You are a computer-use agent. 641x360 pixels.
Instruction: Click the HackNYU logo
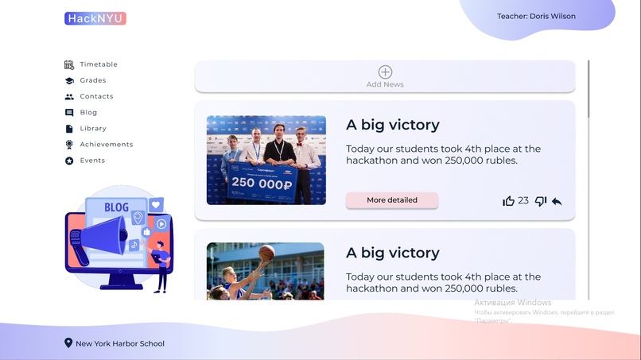95,18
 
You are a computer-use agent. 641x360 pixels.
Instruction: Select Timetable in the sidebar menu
98,64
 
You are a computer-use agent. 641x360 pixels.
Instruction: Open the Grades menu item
92,80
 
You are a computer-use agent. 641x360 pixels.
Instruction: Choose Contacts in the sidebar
96,96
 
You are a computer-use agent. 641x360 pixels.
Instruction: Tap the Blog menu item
88,112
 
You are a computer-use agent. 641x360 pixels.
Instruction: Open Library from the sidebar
92,128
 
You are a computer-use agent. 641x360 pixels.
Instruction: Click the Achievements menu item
106,145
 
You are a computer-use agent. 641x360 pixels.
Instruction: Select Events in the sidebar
92,161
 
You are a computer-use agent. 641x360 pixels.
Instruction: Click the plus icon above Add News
385,72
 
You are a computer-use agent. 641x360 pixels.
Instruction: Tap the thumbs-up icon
509,201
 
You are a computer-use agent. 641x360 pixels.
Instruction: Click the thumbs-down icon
541,201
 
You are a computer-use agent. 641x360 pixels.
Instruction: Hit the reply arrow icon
557,202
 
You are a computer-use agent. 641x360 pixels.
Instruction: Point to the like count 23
523,201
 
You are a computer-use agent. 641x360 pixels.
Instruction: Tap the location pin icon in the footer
68,343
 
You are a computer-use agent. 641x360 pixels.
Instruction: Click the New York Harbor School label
120,344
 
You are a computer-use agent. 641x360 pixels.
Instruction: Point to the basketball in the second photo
266,253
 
